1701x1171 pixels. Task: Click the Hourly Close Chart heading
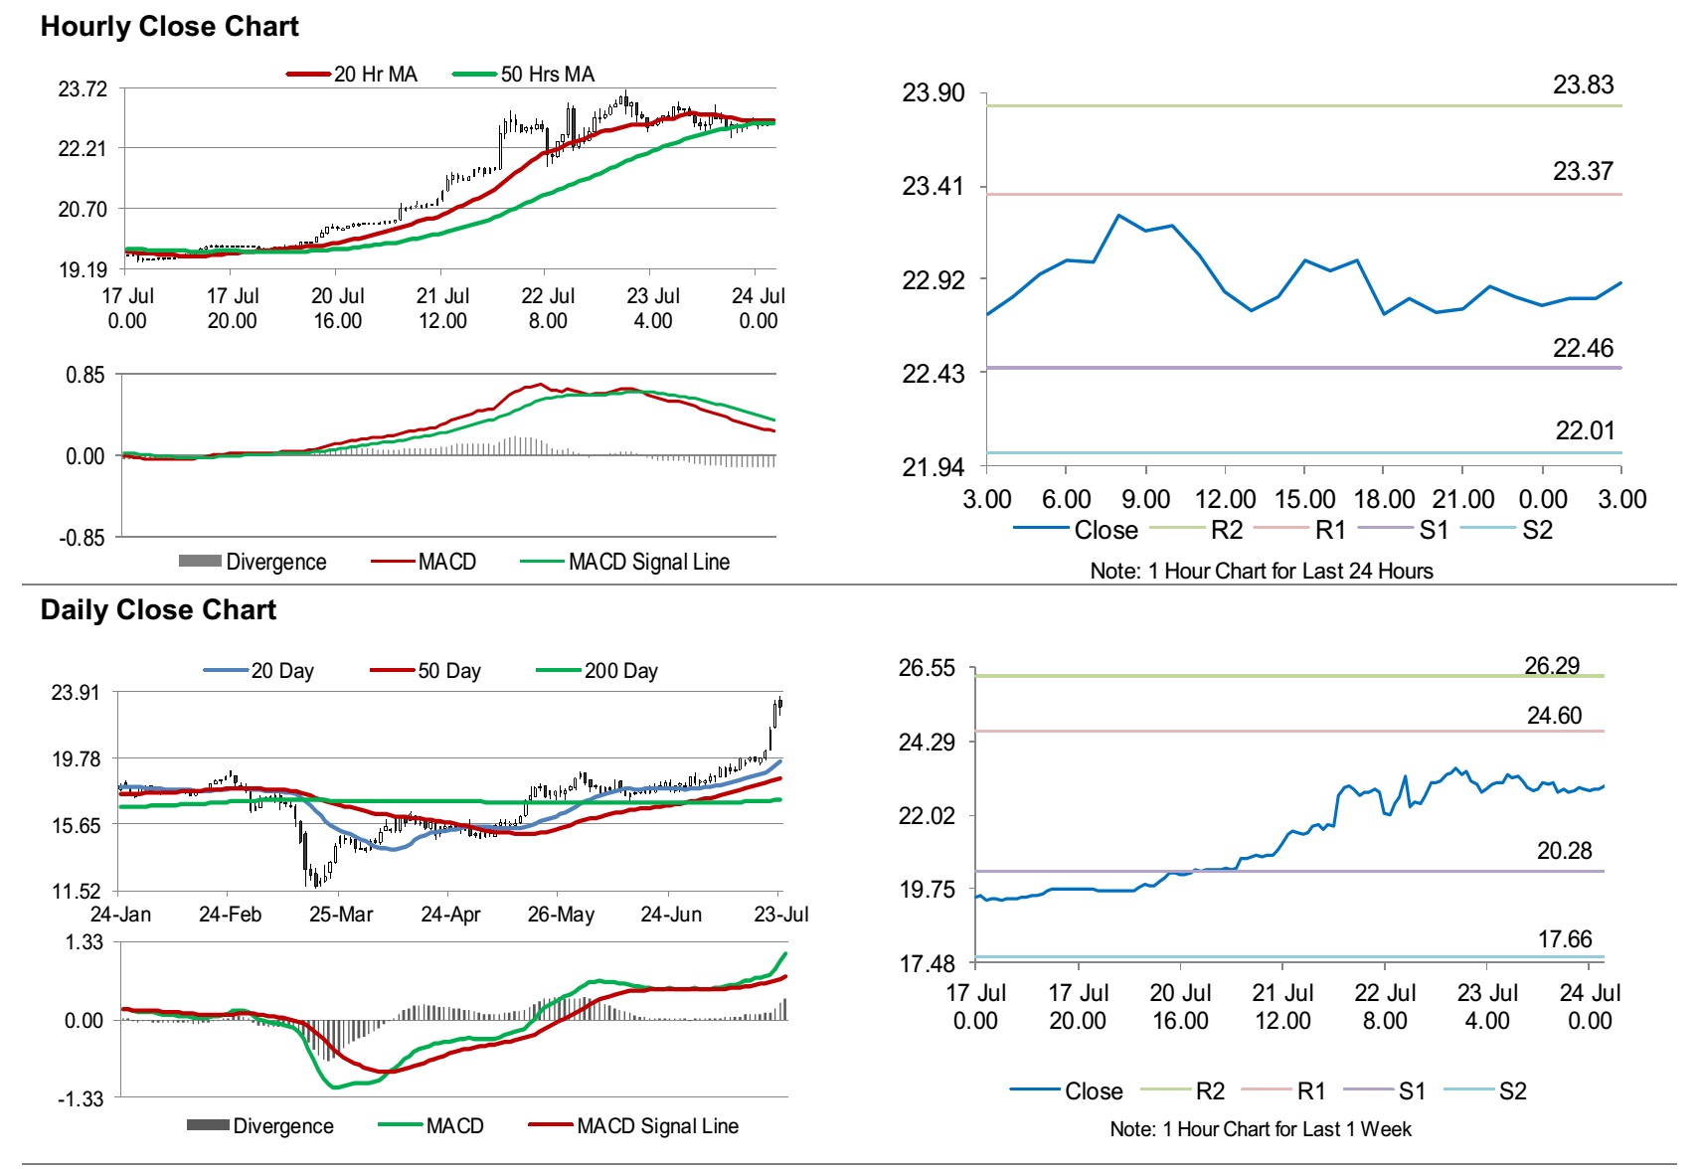169,27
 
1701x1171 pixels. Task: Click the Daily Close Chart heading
158,610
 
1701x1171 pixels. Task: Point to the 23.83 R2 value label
1583,85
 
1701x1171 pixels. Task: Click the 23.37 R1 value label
1583,172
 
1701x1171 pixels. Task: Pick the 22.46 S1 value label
1583,349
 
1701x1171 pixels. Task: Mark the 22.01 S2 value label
1585,431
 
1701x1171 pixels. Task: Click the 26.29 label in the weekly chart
1552,666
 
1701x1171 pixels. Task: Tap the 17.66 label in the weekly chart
1564,939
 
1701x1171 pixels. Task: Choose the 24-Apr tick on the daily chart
450,915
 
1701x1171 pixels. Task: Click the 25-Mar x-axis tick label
341,915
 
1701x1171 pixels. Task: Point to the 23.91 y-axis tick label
76,693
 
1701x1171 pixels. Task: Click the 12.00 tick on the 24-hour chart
1225,500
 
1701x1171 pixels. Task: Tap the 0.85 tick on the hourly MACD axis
85,376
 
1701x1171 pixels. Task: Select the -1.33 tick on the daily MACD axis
81,1099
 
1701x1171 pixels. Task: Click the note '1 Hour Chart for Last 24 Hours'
1261,572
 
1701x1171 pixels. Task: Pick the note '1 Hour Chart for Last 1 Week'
1260,1129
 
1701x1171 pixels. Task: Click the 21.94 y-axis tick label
933,467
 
